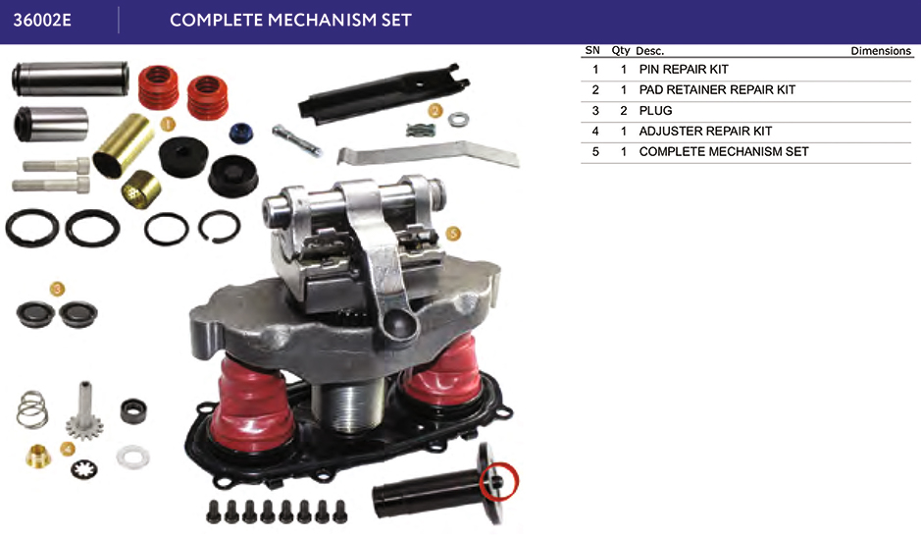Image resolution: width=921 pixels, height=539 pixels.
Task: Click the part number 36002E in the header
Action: tap(42, 20)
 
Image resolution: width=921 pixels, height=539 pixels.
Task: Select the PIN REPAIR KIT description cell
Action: tap(684, 70)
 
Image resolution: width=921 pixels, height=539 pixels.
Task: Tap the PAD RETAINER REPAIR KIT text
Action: tap(717, 90)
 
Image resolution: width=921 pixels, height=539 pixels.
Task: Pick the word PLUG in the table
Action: tap(655, 111)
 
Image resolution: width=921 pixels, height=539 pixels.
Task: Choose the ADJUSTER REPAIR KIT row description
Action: tap(705, 132)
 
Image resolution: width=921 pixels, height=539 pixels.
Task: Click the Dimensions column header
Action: tap(881, 51)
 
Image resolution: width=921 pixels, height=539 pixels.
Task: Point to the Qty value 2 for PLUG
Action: tap(623, 111)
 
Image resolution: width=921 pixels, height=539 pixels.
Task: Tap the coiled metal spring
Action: tap(31, 409)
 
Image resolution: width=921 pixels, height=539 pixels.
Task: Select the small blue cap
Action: tap(241, 133)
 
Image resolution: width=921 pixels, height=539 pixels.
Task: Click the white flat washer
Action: tap(132, 457)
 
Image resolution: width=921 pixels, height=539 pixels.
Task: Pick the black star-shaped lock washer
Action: tap(84, 468)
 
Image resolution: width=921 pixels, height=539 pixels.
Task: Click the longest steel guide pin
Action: tap(70, 79)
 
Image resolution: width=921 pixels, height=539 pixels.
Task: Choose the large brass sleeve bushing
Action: tap(124, 145)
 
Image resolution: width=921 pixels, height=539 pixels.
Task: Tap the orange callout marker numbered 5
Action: tap(453, 234)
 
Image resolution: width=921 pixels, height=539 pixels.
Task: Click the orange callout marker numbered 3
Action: tap(57, 289)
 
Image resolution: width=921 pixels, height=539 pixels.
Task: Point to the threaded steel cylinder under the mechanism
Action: tap(349, 404)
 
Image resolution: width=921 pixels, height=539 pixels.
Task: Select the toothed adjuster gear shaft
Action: tap(84, 410)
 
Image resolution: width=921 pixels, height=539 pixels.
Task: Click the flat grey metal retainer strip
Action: tap(428, 154)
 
